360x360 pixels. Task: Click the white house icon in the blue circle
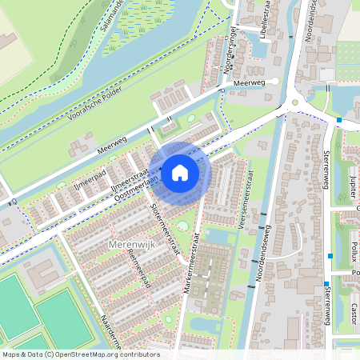click(x=180, y=172)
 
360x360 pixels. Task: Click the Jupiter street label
click(x=353, y=190)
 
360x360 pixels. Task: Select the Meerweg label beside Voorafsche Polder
click(x=112, y=143)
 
